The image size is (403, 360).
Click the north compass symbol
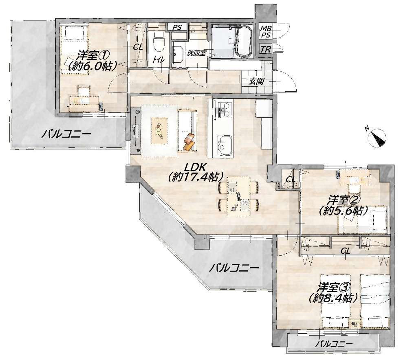[377, 137]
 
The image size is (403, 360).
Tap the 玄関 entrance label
[256, 82]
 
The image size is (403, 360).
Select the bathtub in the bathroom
[244, 42]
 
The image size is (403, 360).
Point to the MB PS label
[266, 32]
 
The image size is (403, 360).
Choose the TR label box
[266, 49]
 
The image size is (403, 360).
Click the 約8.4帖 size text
[334, 298]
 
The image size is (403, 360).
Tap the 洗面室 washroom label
[197, 53]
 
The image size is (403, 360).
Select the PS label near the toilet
[177, 27]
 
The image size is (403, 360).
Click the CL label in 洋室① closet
[138, 47]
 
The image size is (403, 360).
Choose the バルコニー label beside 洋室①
[66, 134]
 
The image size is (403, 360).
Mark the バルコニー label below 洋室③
[334, 344]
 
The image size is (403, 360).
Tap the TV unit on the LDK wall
[135, 131]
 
